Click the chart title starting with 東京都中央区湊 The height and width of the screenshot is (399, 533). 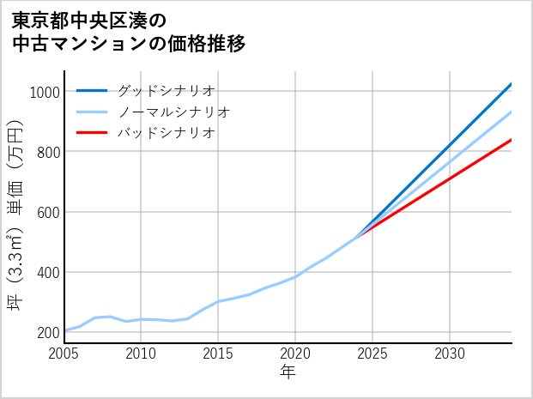[129, 32]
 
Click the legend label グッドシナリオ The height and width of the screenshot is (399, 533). [165, 90]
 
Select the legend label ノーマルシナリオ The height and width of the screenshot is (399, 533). [173, 112]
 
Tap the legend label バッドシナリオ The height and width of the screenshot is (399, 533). [165, 133]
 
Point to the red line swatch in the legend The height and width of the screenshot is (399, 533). [92, 133]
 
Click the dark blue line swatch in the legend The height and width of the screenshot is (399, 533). [92, 90]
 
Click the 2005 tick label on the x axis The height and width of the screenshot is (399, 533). [64, 354]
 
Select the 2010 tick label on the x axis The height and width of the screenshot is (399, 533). [141, 354]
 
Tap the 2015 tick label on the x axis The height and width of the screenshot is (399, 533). [218, 354]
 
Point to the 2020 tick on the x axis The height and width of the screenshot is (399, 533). [295, 354]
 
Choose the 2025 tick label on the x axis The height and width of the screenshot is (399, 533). [372, 354]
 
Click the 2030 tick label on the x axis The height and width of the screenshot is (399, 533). [450, 354]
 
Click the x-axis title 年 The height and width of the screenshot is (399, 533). [288, 373]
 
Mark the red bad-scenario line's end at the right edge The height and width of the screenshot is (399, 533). [511, 140]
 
